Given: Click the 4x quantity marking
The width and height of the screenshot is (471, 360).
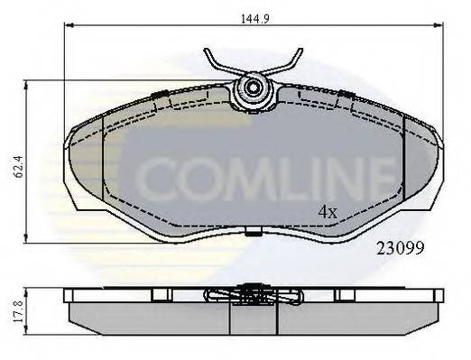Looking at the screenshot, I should click(326, 213).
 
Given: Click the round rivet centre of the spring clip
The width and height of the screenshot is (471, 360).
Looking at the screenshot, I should click(252, 88).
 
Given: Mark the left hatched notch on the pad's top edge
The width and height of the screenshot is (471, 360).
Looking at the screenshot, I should click(159, 96).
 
